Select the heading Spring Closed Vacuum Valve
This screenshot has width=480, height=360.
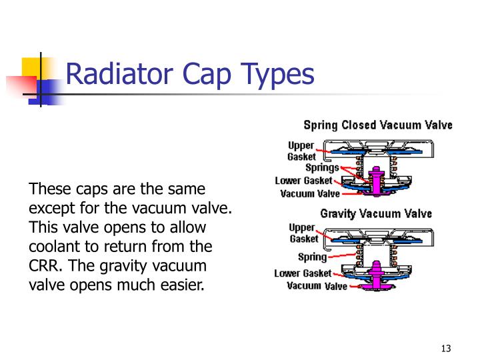point(378,125)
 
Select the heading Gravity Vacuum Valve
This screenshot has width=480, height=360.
point(376,214)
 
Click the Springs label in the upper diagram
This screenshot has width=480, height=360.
point(322,168)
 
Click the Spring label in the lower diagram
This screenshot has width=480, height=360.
point(311,257)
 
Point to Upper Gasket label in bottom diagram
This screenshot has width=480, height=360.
point(303,233)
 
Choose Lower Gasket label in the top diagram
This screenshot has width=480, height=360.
point(303,181)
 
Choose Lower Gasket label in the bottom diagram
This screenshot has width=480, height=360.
point(303,273)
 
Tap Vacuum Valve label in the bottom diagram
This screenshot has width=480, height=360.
point(317,286)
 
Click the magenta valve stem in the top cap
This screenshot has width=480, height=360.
point(376,180)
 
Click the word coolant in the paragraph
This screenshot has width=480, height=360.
point(54,246)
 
